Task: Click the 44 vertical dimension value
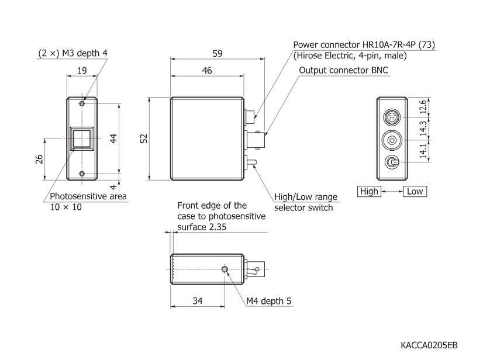click(x=114, y=138)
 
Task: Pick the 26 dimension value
click(x=39, y=159)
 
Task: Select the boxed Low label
click(x=415, y=191)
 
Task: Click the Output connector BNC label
click(x=344, y=71)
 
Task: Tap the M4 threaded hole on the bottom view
click(x=226, y=269)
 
